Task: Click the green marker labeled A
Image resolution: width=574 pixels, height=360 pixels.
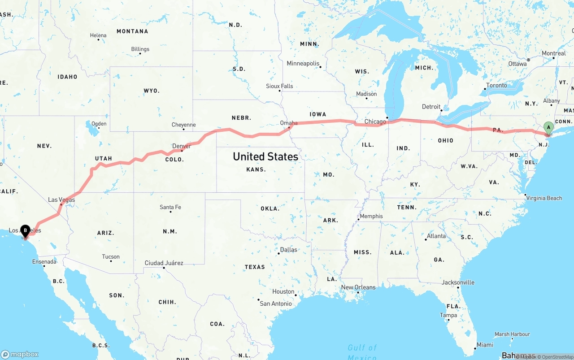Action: tap(548, 127)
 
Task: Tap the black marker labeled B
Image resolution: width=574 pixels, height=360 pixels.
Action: tap(26, 230)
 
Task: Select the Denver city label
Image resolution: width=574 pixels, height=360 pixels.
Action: tap(182, 146)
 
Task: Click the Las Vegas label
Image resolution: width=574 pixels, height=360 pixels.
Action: tap(61, 200)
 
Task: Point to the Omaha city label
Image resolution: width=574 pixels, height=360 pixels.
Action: tap(289, 123)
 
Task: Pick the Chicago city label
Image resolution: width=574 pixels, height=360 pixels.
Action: tap(375, 121)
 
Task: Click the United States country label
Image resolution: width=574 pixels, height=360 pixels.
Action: tap(265, 156)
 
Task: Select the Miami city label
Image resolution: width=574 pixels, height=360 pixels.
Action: tap(485, 345)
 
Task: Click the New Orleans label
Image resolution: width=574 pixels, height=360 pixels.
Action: tap(358, 287)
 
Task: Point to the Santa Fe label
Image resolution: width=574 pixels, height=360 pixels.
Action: tap(170, 207)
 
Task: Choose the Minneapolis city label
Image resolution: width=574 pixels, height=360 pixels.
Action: tap(303, 63)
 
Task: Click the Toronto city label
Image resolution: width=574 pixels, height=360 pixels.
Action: tap(496, 85)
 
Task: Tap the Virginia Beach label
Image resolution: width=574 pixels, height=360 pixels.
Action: tap(544, 198)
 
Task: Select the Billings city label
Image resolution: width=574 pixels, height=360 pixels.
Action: tap(140, 49)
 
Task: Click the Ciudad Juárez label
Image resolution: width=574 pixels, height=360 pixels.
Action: tap(164, 263)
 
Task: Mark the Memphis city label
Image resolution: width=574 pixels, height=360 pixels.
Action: tap(371, 216)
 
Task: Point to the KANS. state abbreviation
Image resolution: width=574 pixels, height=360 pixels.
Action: tap(256, 169)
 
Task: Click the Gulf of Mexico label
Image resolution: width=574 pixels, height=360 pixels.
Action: tap(362, 351)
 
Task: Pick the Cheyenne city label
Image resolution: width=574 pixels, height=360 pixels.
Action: tap(183, 125)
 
